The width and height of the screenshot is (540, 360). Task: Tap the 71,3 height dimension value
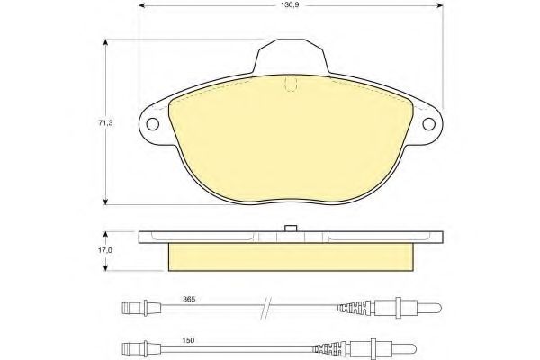coord(105,122)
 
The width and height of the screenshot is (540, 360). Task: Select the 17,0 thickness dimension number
coord(105,250)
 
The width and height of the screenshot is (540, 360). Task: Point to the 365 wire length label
coord(189,299)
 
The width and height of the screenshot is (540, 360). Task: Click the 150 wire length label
coord(189,340)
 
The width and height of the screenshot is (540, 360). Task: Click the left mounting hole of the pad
coord(153,124)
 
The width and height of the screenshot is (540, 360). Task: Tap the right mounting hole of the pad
coord(428,124)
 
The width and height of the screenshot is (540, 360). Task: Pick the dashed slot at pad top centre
coord(291,84)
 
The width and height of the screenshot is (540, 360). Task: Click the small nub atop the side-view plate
coord(292,229)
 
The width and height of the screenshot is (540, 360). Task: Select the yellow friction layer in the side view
coord(291,257)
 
